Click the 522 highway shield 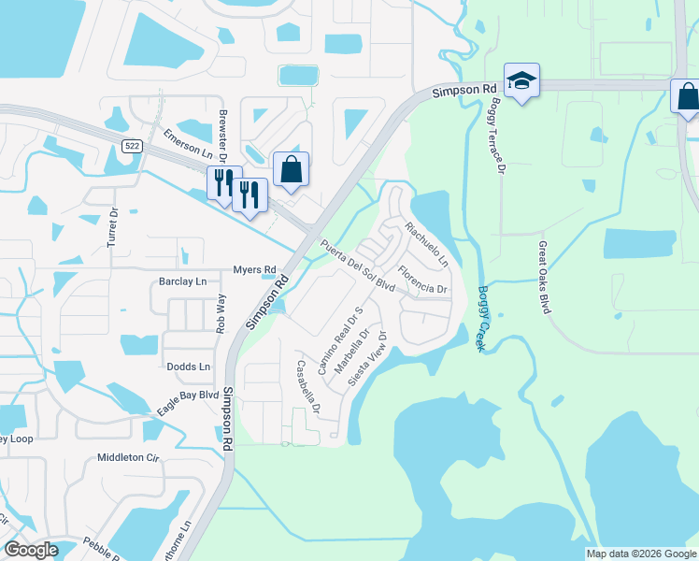(131, 144)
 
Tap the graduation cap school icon (521, 81)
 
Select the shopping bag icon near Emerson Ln (291, 170)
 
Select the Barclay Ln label (182, 280)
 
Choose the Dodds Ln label (189, 367)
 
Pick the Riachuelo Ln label (427, 243)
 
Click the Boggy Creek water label (483, 318)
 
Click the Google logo (32, 551)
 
